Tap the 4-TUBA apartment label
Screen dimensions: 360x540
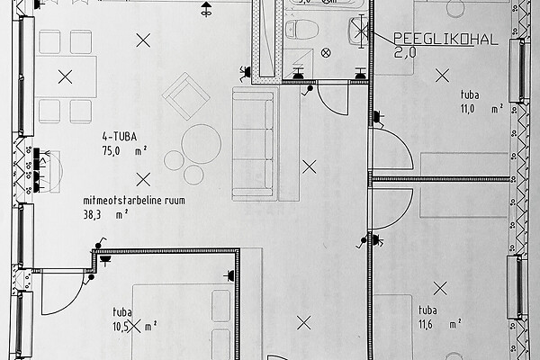coord(120,138)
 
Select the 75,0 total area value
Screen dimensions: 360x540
coord(111,153)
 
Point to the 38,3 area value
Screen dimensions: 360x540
coord(91,215)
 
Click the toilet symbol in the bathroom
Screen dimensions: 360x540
coord(299,29)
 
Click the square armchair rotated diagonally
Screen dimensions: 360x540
coord(186,95)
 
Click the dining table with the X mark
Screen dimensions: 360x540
coord(66,77)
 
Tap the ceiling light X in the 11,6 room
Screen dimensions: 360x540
coord(440,289)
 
